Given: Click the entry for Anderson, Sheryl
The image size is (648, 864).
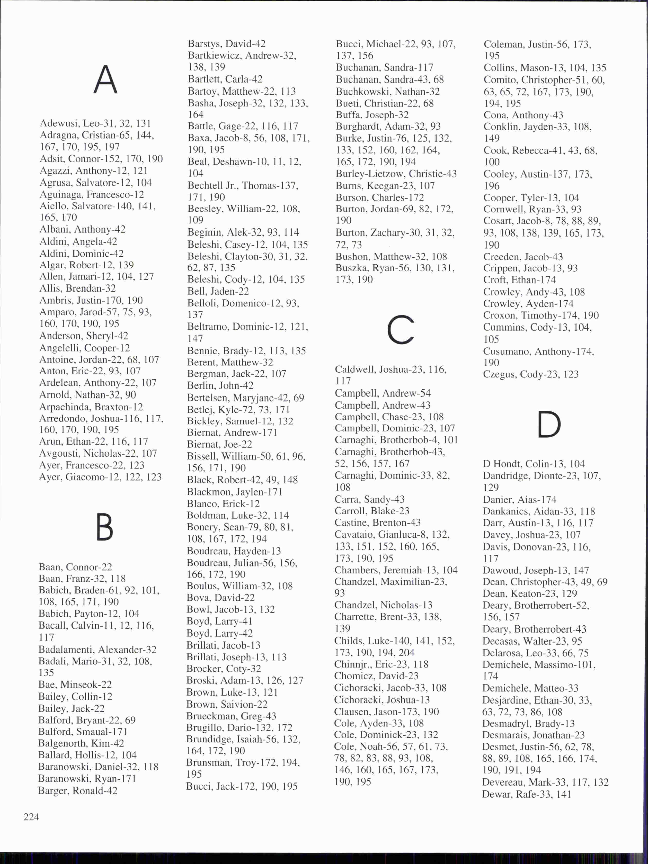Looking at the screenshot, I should (x=83, y=336).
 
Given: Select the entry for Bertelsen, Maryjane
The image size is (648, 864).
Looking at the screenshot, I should (x=245, y=398).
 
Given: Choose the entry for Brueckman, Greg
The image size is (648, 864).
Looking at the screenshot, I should (x=231, y=716).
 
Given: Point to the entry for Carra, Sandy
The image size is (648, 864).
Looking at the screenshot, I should (x=369, y=499).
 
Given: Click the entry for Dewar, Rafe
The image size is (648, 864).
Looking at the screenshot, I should (x=526, y=794).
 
